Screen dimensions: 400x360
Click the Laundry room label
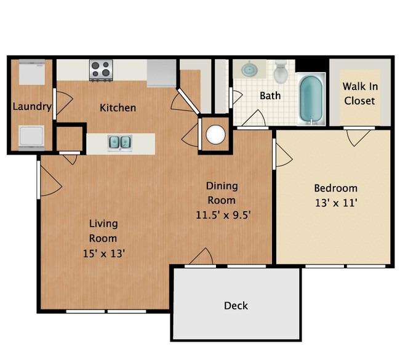coord(32,106)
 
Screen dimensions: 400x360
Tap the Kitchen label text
coord(118,108)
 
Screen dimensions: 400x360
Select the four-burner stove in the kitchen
coord(101,70)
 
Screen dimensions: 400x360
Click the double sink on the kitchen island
coord(119,142)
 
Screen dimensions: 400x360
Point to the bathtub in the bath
coord(311,99)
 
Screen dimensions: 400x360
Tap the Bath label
coord(270,95)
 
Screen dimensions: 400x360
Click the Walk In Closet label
coord(360,94)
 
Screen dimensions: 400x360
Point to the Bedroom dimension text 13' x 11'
coord(336,203)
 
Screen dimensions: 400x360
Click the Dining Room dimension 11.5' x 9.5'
coord(223,215)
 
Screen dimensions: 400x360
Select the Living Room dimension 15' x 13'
coord(104,254)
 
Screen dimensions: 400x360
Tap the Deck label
coord(236,306)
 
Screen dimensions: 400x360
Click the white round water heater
coord(216,134)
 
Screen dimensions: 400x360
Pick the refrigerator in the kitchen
coord(162,73)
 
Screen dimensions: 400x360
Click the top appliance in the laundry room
coord(32,72)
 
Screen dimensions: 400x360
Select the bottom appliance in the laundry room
coord(31,137)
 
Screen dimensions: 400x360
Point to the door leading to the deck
coord(201,257)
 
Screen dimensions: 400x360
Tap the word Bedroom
coord(336,188)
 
